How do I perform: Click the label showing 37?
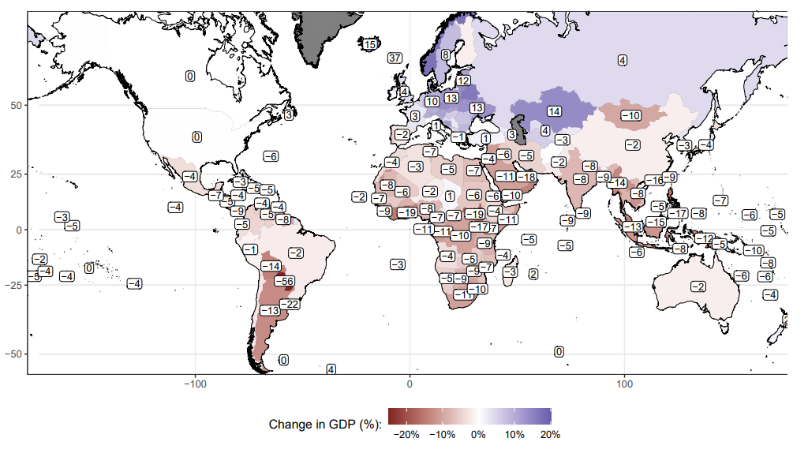pyautogui.click(x=395, y=58)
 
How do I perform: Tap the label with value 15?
pyautogui.click(x=369, y=45)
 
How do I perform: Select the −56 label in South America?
pyautogui.click(x=284, y=281)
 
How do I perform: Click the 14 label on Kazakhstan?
pyautogui.click(x=554, y=111)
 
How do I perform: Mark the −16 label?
pyautogui.click(x=655, y=181)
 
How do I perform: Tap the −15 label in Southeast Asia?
pyautogui.click(x=656, y=222)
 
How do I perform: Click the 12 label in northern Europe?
pyautogui.click(x=463, y=80)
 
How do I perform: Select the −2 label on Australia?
pyautogui.click(x=698, y=286)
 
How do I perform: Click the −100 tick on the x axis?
pyautogui.click(x=195, y=384)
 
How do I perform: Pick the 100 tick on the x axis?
pyautogui.click(x=625, y=384)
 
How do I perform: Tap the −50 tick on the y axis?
pyautogui.click(x=15, y=354)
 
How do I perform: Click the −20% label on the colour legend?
pyautogui.click(x=406, y=435)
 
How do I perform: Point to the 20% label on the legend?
pyautogui.click(x=550, y=435)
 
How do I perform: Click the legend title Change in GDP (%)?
pyautogui.click(x=325, y=425)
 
